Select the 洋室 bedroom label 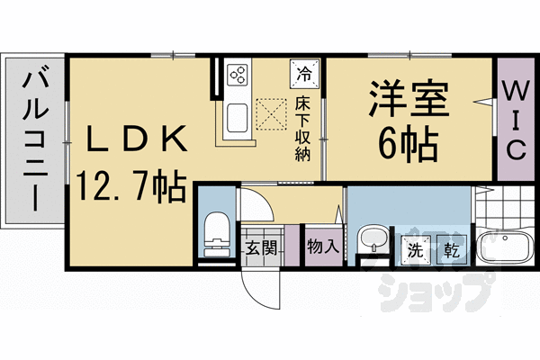tap(406, 98)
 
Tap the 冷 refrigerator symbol tap(303, 70)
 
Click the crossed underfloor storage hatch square tap(270, 112)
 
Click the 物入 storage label tap(321, 246)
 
